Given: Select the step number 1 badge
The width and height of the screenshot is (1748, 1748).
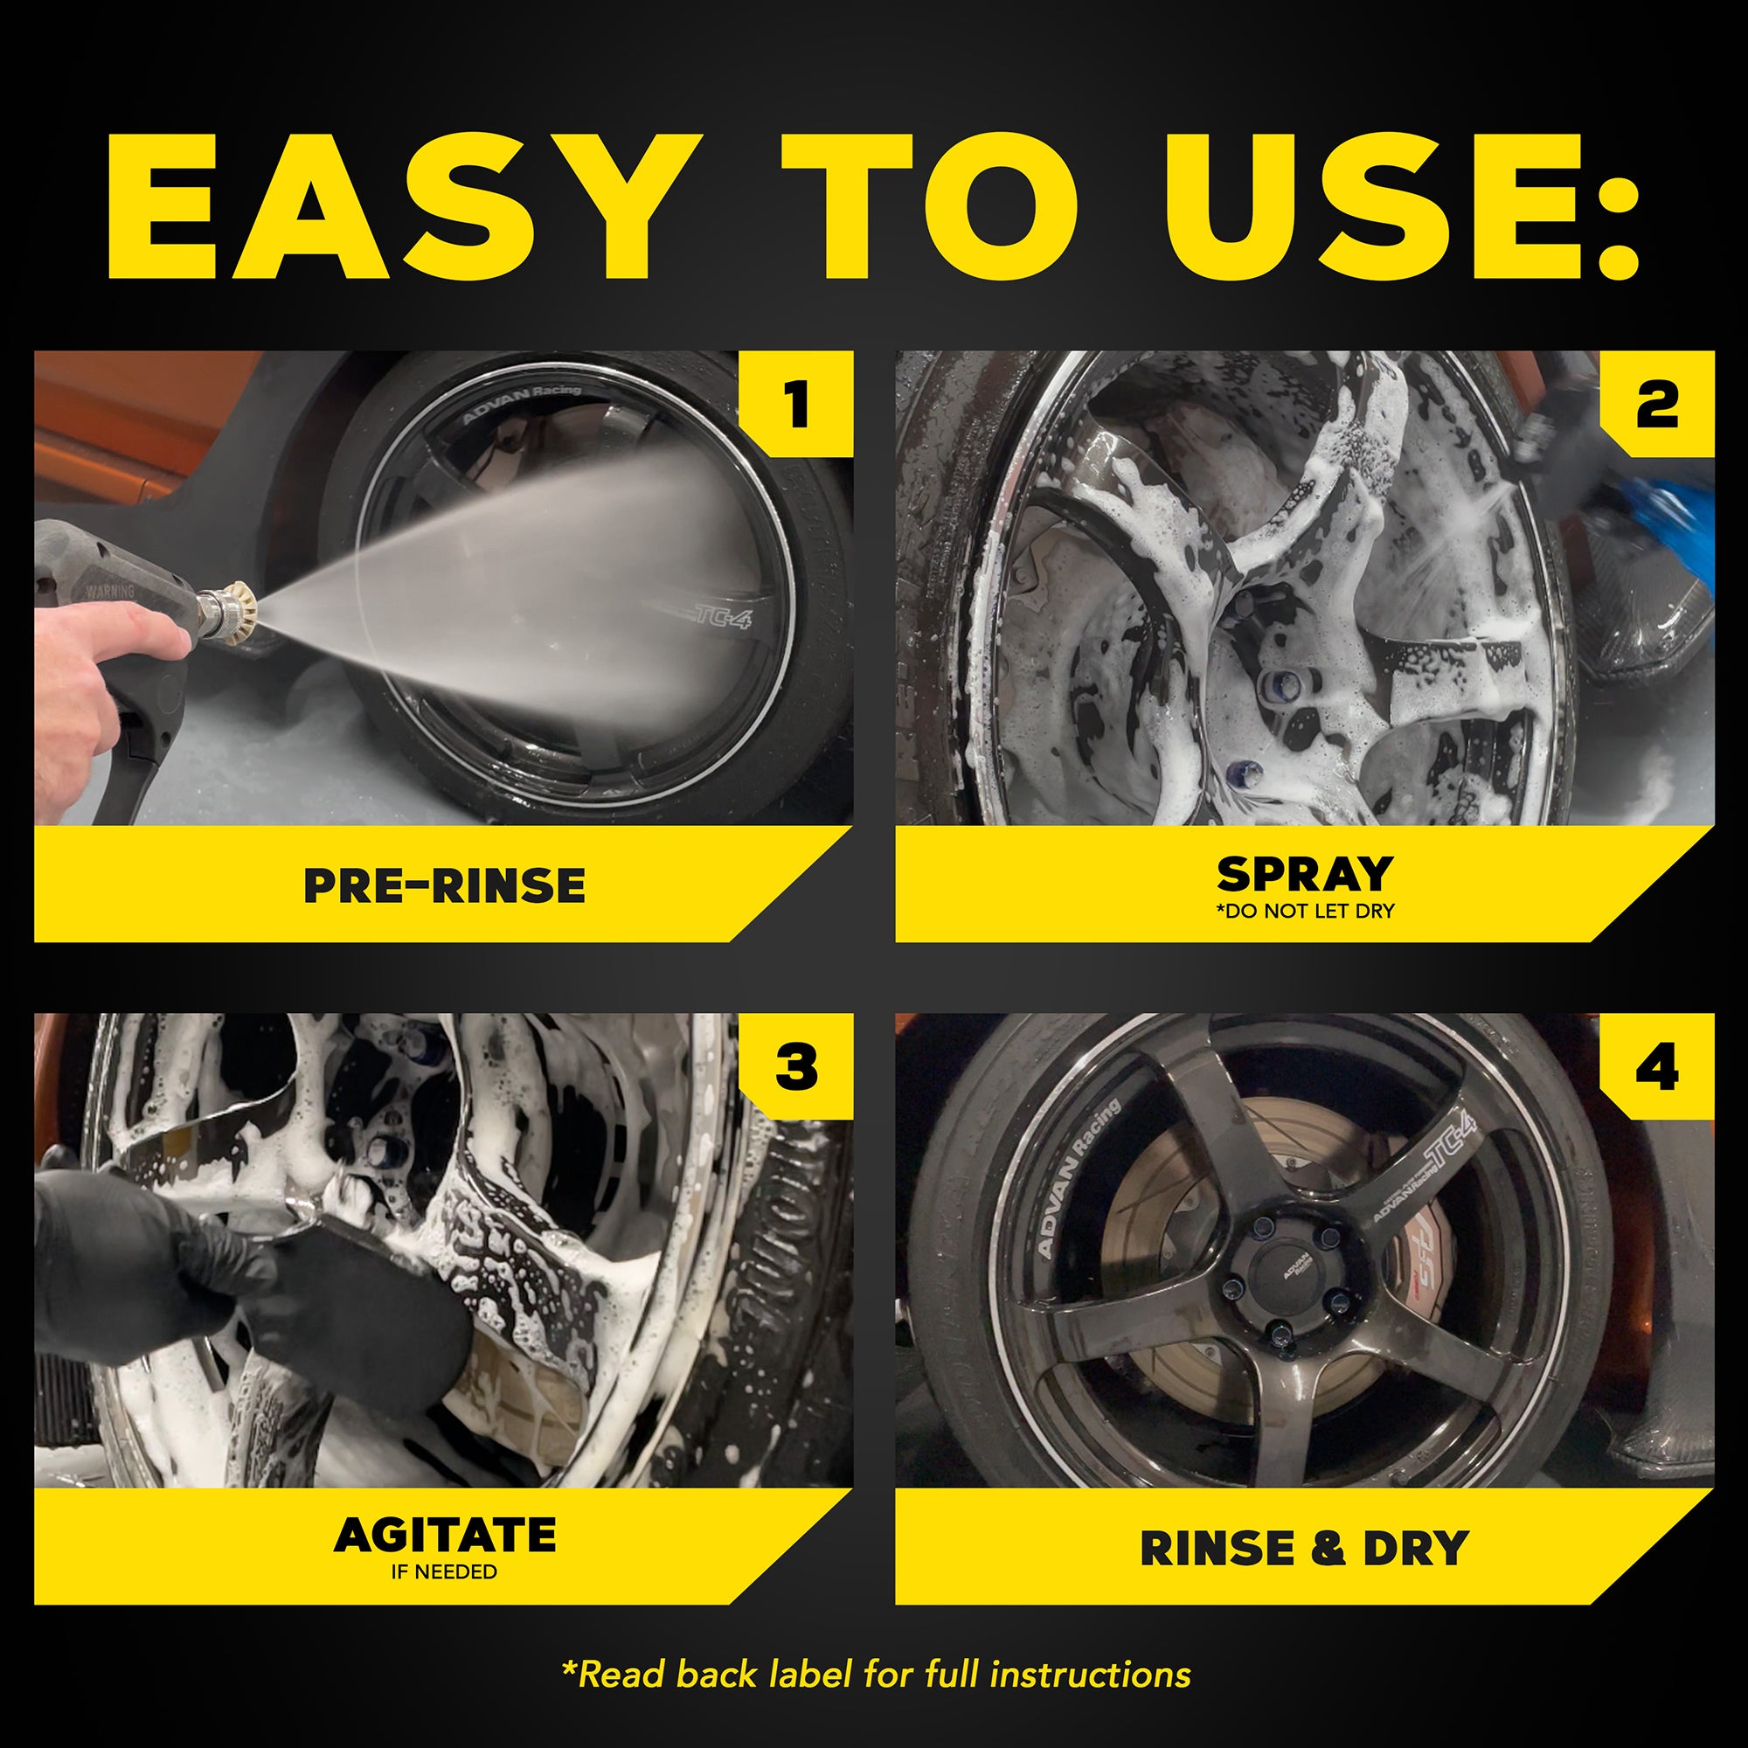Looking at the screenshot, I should click(x=796, y=404).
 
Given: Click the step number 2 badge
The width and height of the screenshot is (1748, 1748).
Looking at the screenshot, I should click(x=1656, y=404).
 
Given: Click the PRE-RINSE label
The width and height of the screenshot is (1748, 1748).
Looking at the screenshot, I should click(x=444, y=885).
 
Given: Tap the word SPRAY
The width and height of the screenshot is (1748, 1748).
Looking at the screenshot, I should click(x=1304, y=874).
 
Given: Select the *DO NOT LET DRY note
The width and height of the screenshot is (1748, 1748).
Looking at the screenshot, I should click(x=1304, y=911).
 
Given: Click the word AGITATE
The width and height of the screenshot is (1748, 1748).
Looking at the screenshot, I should click(x=444, y=1536).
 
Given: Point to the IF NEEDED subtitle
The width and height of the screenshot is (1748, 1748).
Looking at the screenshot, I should click(x=444, y=1572).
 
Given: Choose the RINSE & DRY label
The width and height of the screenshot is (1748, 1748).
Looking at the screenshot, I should click(x=1304, y=1548).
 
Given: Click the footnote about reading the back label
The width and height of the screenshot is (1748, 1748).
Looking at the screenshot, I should click(x=875, y=1675).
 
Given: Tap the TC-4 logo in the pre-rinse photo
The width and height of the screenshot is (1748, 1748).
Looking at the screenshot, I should click(x=720, y=617).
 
